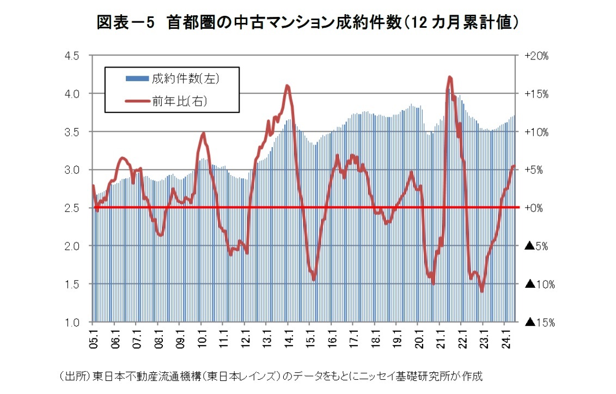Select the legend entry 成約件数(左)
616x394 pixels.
click(185, 79)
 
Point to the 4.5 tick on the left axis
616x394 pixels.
click(72, 56)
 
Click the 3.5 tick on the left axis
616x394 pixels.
click(72, 132)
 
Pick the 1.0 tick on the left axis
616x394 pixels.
click(72, 322)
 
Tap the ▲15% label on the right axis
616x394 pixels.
click(539, 322)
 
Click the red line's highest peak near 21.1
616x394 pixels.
click(450, 77)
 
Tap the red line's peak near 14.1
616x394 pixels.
click(287, 86)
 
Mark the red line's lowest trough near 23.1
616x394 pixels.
click(482, 292)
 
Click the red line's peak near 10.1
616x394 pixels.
click(203, 132)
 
